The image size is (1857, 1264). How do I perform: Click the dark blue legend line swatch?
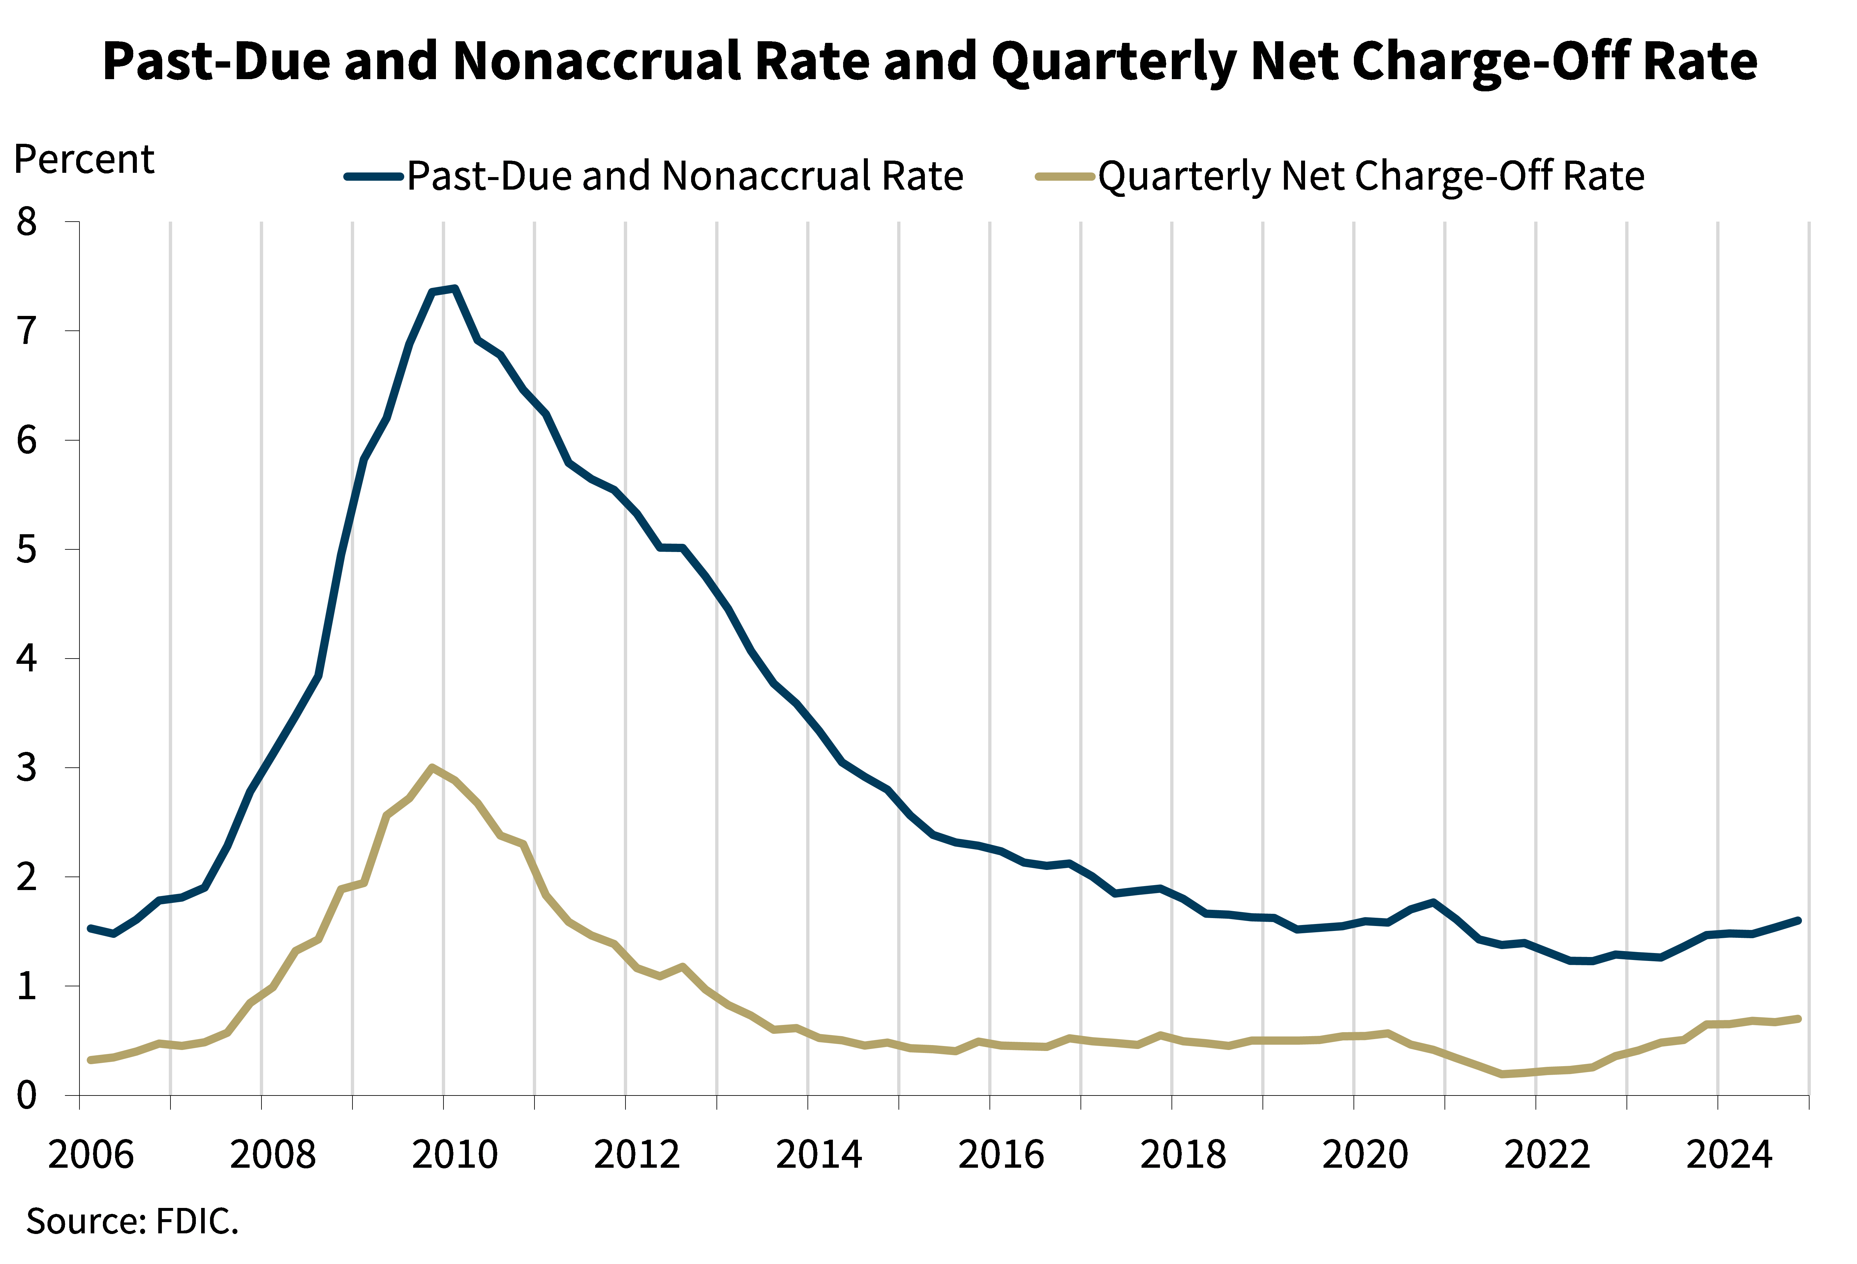click(373, 176)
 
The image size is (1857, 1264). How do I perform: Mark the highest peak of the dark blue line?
click(454, 289)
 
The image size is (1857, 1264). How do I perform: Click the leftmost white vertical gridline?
click(170, 655)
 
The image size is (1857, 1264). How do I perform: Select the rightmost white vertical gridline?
click(1809, 655)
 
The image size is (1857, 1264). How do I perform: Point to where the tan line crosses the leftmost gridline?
click(170, 1043)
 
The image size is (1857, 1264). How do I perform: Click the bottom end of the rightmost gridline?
click(1809, 1093)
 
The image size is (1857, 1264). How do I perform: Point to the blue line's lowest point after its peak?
click(1582, 961)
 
